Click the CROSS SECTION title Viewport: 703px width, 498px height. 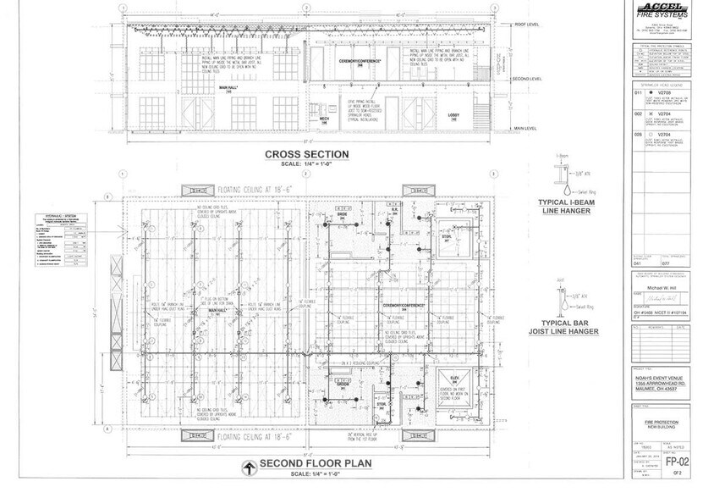pos(307,153)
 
